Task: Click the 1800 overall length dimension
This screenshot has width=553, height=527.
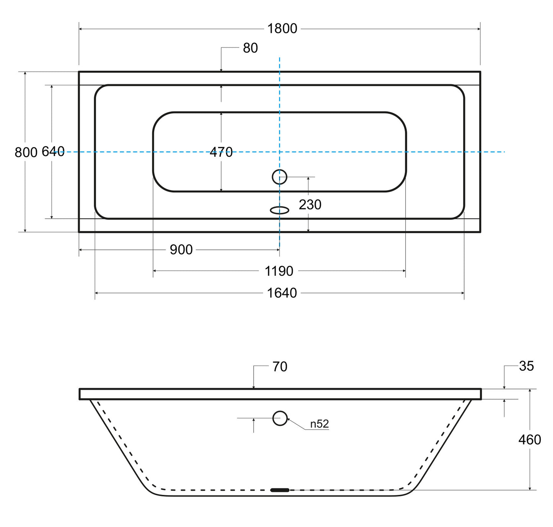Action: click(x=282, y=29)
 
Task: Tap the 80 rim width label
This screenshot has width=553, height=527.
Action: click(x=250, y=48)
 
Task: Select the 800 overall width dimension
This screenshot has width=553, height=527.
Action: click(x=26, y=152)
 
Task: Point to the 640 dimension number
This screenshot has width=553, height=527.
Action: click(x=53, y=151)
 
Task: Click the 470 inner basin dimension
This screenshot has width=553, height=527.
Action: click(x=221, y=152)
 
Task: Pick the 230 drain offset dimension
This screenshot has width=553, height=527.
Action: click(x=310, y=205)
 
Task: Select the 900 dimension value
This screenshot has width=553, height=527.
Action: click(x=181, y=250)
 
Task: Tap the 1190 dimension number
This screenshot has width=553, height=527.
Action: click(x=279, y=271)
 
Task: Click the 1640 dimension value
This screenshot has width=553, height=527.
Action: click(x=282, y=293)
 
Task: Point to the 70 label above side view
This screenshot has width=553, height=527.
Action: click(x=280, y=367)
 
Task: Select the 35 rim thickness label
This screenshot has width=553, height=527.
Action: click(x=526, y=366)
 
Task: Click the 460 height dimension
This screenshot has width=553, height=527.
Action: click(x=530, y=440)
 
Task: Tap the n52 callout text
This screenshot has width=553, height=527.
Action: click(x=319, y=424)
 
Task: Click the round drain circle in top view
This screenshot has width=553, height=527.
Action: click(x=279, y=177)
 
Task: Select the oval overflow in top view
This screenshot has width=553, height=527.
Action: click(x=279, y=210)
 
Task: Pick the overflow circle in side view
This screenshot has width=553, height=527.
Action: click(x=280, y=418)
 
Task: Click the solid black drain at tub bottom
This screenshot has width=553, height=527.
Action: click(x=280, y=490)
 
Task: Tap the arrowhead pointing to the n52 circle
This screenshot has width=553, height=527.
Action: click(x=289, y=420)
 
